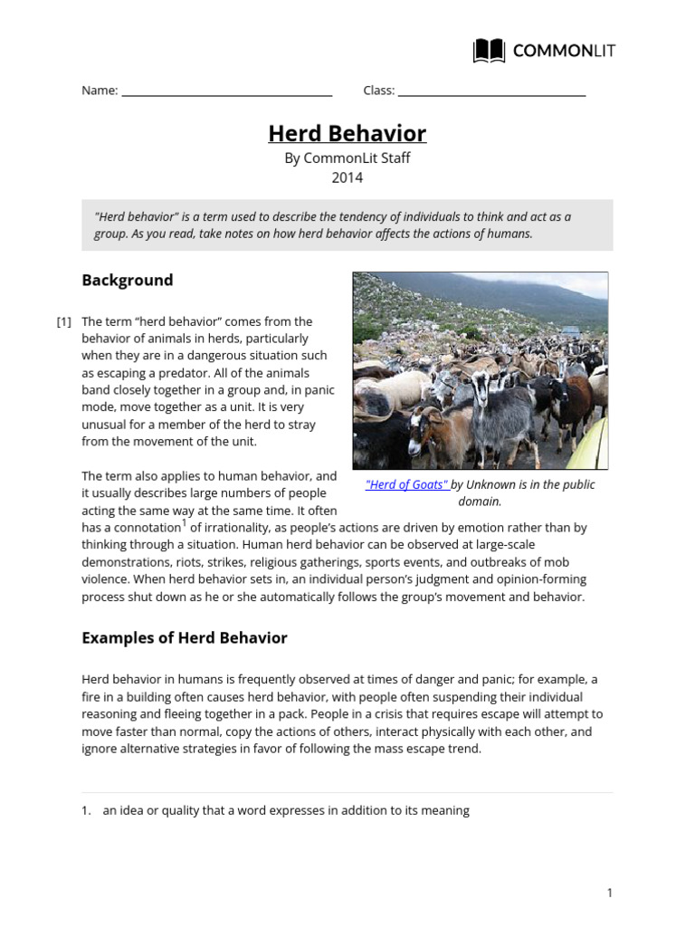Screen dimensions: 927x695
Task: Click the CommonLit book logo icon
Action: (489, 51)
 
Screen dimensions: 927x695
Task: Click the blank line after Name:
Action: (226, 91)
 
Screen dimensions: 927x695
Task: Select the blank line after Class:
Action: (491, 91)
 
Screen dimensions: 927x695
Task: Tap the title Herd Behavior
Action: (347, 134)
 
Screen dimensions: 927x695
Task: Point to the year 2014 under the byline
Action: (347, 177)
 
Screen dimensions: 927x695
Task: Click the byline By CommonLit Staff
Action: (347, 158)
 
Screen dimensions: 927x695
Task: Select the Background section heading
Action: (128, 280)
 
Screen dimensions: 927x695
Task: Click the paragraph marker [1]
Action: (63, 321)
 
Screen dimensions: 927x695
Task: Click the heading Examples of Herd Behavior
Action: (185, 637)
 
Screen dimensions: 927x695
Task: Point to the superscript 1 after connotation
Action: (184, 522)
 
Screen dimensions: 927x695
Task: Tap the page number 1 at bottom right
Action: (609, 893)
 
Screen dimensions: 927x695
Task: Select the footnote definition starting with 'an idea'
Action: (286, 810)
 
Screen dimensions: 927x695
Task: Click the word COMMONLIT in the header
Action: (564, 51)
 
